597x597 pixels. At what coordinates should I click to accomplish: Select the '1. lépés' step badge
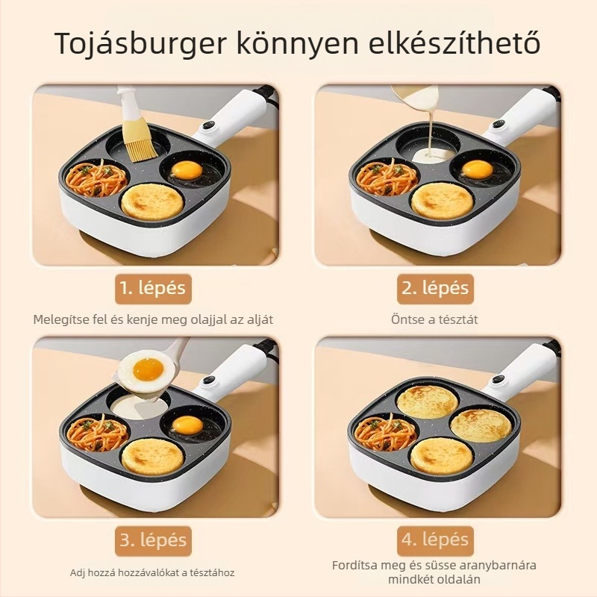point(153,288)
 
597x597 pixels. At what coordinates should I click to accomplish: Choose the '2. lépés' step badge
point(435,288)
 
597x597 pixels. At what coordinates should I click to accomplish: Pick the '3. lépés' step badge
point(153,540)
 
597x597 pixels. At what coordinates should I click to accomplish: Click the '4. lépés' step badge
point(435,540)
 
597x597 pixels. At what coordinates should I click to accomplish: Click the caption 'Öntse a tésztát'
point(434,319)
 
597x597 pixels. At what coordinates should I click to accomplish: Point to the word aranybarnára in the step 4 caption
point(491,565)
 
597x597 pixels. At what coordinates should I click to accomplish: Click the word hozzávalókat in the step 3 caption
point(153,572)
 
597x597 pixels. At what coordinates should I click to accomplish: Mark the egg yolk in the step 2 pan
point(477,169)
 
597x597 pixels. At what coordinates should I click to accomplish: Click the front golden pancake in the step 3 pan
point(152,456)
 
